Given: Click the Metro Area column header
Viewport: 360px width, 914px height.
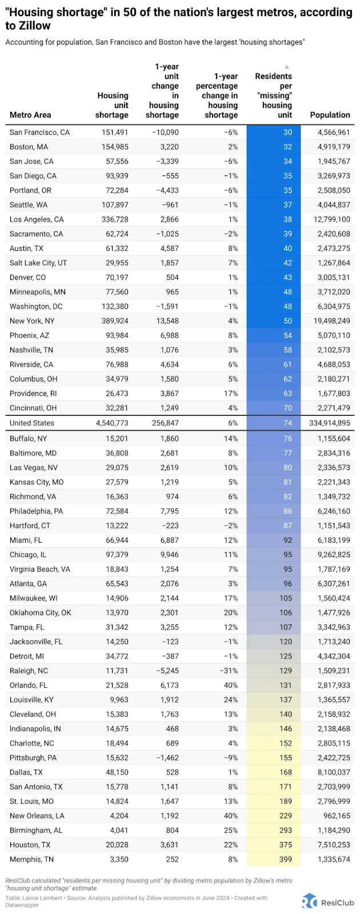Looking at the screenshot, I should click(x=30, y=115).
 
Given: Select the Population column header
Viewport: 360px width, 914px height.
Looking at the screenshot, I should click(x=330, y=115).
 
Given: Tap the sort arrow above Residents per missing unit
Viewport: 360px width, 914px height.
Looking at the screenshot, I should click(x=287, y=67).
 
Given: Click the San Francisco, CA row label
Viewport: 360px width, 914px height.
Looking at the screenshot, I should click(x=39, y=133).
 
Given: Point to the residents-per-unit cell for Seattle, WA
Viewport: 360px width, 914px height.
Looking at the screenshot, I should click(x=287, y=205).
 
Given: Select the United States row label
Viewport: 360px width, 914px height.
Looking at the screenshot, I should click(x=32, y=423).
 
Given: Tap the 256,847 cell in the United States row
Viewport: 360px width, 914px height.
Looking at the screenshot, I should click(x=163, y=423).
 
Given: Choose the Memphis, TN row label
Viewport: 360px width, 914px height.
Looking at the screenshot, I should click(x=34, y=859).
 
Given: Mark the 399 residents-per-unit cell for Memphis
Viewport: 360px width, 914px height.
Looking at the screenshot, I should click(x=285, y=859).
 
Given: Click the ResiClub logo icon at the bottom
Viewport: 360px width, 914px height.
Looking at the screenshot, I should click(x=309, y=900).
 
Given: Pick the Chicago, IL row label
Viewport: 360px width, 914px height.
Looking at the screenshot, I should click(x=28, y=555).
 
